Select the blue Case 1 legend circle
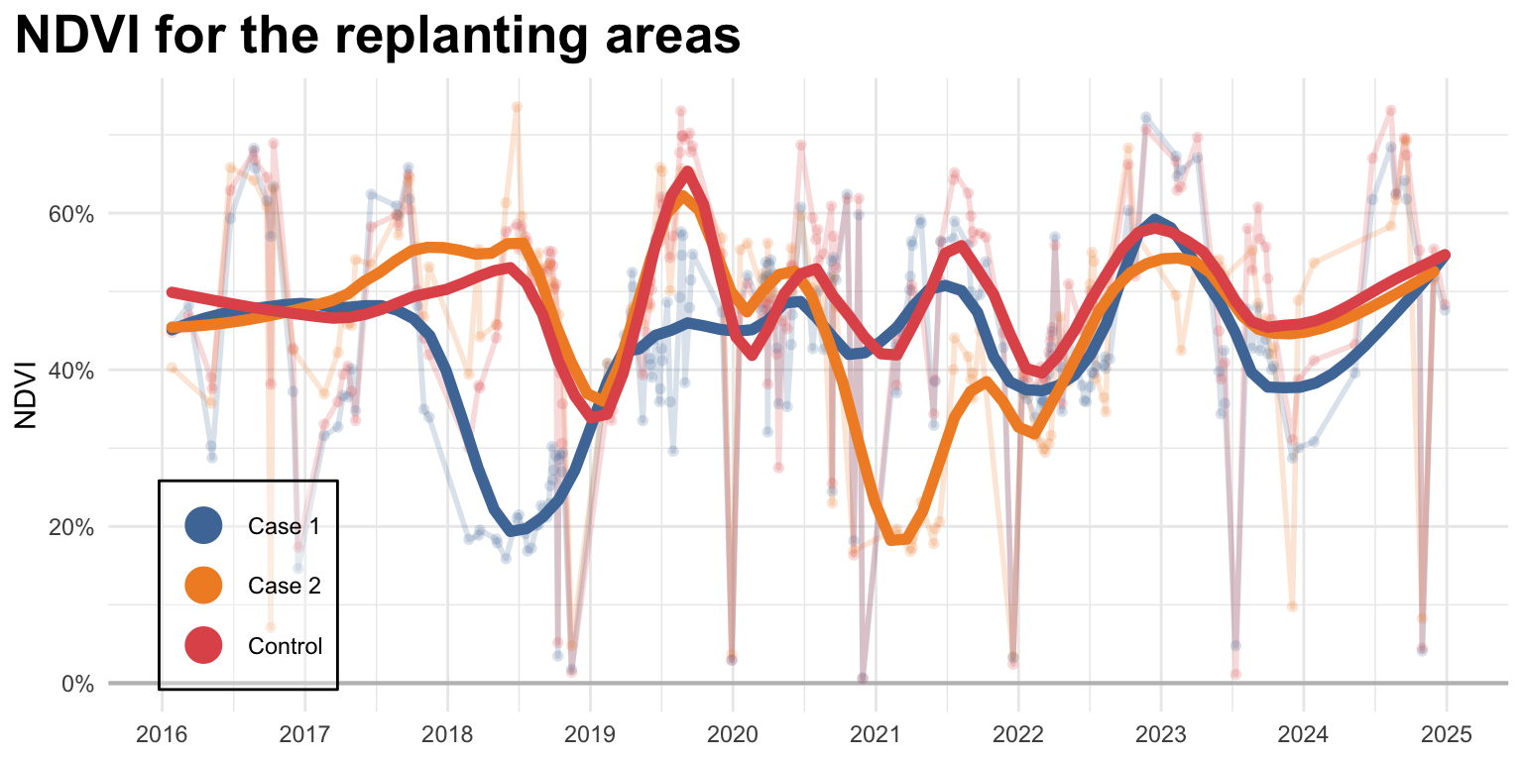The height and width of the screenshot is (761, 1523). point(204,526)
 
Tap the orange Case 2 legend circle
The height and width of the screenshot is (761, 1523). point(204,586)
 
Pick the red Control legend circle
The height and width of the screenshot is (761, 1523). point(204,646)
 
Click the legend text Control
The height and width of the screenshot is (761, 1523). point(286,647)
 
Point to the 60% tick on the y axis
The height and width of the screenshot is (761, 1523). point(72,214)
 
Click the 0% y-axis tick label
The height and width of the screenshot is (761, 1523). point(77,684)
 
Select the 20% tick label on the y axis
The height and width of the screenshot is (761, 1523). point(72,527)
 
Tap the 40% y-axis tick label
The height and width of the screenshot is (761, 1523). point(72,371)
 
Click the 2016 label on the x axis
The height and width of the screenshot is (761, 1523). point(161,735)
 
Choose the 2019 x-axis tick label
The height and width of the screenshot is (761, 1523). point(589,735)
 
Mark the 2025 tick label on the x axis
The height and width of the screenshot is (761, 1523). point(1446,735)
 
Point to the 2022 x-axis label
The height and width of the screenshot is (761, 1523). point(1017,735)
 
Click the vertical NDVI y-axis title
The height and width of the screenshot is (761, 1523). point(27,395)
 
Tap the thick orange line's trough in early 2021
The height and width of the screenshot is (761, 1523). point(895,540)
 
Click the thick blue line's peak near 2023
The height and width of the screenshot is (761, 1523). point(1154,219)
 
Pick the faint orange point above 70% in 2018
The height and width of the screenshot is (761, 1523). point(516,107)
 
